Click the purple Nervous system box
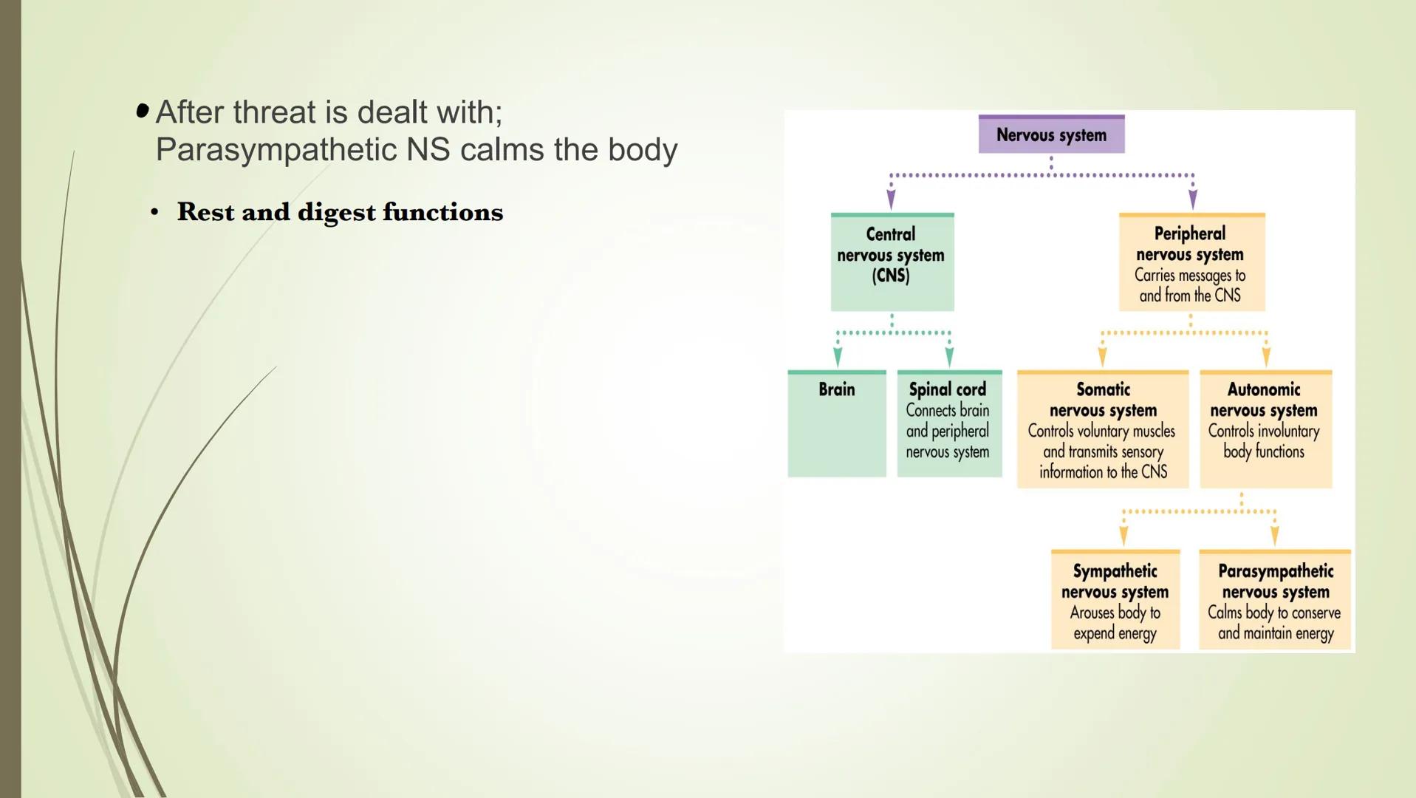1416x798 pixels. tap(1051, 134)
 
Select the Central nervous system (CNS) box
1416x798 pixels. tap(892, 262)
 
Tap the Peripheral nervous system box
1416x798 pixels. tap(1191, 262)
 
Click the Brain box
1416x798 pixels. tap(836, 423)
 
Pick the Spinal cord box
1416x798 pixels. tap(948, 423)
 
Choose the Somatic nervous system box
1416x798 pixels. tap(1102, 429)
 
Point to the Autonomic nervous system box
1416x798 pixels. tap(1265, 429)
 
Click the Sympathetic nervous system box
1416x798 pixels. tap(1115, 600)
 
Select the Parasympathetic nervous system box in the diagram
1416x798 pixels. tap(1274, 600)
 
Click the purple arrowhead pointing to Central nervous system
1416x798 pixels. tap(892, 199)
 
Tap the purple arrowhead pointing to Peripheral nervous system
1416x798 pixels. tap(1193, 199)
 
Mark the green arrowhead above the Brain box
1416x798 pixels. tap(838, 358)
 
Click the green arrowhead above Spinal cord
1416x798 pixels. tap(950, 358)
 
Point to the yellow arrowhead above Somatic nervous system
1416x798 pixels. tap(1102, 358)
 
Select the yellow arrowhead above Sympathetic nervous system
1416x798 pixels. tap(1123, 536)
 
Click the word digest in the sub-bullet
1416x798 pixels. tap(336, 213)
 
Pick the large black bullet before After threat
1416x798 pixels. tap(143, 112)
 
